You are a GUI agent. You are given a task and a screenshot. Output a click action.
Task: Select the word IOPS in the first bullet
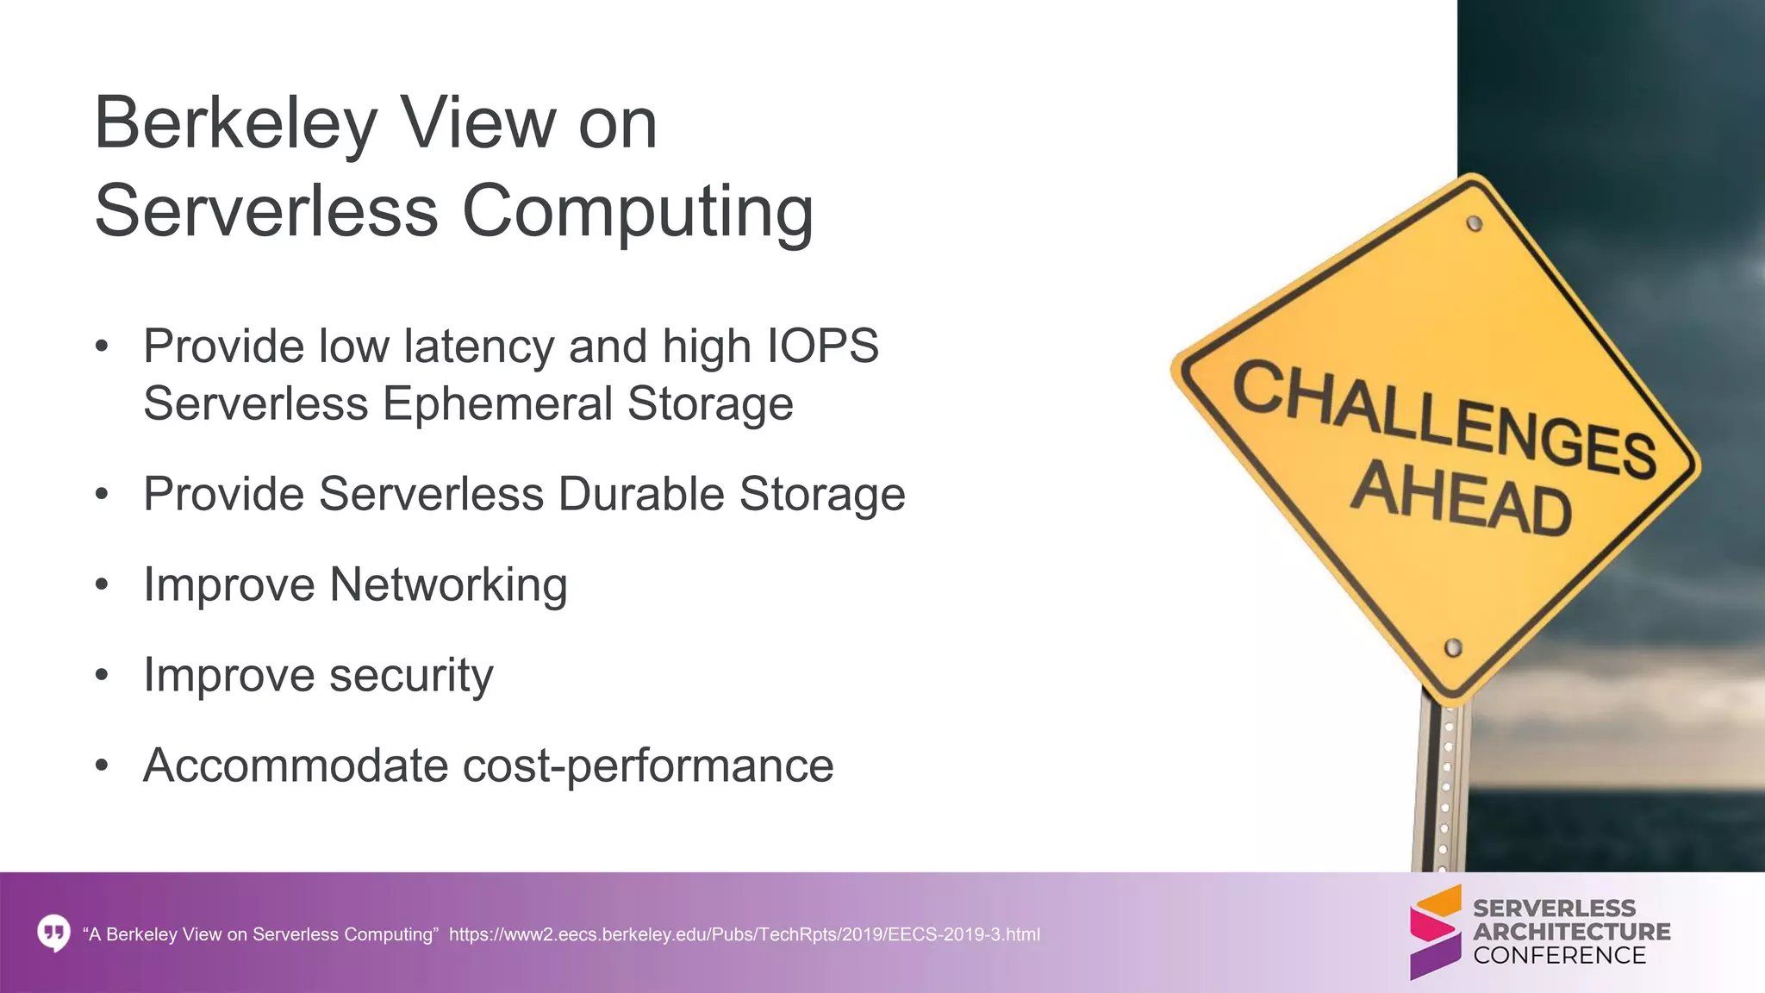tap(823, 347)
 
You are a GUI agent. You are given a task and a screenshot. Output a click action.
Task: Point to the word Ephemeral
tap(497, 404)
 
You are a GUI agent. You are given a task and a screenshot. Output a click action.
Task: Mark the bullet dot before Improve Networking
tap(103, 585)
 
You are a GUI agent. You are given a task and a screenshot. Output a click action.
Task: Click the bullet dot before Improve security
tap(103, 675)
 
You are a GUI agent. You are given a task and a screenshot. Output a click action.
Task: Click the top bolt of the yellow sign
tap(1475, 224)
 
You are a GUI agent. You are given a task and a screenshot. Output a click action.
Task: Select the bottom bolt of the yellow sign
tap(1453, 647)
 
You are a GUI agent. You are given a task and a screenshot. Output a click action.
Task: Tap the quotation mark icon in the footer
tap(53, 934)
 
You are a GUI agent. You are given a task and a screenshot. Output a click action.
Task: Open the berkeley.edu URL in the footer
tap(744, 934)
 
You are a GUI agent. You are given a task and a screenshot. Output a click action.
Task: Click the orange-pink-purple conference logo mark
tap(1436, 932)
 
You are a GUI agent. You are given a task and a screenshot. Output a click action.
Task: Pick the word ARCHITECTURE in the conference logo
tap(1571, 932)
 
